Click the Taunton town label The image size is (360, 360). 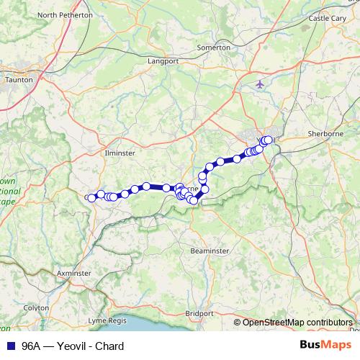pyautogui.click(x=19, y=80)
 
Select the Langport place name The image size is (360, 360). pyautogui.click(x=163, y=62)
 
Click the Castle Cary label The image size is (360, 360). pyautogui.click(x=328, y=18)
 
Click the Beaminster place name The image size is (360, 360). pyautogui.click(x=210, y=251)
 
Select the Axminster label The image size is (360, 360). pyautogui.click(x=73, y=274)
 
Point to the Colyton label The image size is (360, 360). pyautogui.click(x=36, y=307)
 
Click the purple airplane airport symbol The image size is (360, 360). pyautogui.click(x=259, y=84)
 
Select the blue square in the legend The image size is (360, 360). pyautogui.click(x=8, y=346)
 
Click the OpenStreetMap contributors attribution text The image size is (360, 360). pyautogui.click(x=297, y=322)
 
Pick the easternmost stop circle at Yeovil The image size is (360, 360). pyautogui.click(x=269, y=140)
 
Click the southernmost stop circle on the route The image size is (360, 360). pyautogui.click(x=193, y=201)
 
